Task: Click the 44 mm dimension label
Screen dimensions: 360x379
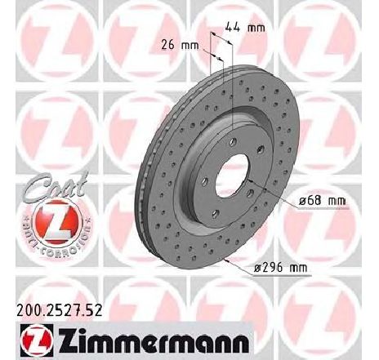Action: coord(248,28)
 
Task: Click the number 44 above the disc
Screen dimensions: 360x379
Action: coord(239,28)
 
